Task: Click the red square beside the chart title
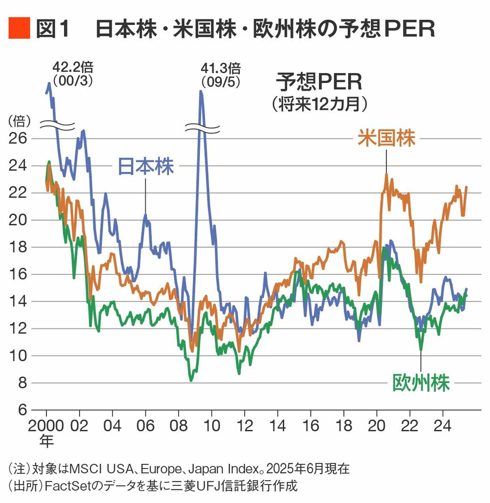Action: coord(19,28)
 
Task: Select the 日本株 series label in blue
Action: coord(145,166)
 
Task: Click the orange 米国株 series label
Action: coord(386,139)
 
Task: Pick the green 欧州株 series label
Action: coord(421,383)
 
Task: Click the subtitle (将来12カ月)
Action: coord(319,104)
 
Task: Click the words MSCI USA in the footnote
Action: coord(94,469)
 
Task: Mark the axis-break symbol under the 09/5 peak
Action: coord(202,128)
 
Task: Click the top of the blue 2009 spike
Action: coord(201,91)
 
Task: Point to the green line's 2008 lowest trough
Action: coord(191,380)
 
